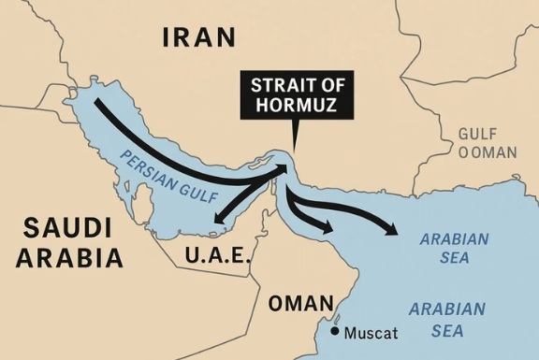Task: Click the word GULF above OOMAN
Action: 477,134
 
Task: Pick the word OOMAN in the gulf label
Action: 487,152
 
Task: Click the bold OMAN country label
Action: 300,304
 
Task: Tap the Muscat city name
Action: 371,333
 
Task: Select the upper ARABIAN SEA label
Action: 453,247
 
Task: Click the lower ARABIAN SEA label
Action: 446,319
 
